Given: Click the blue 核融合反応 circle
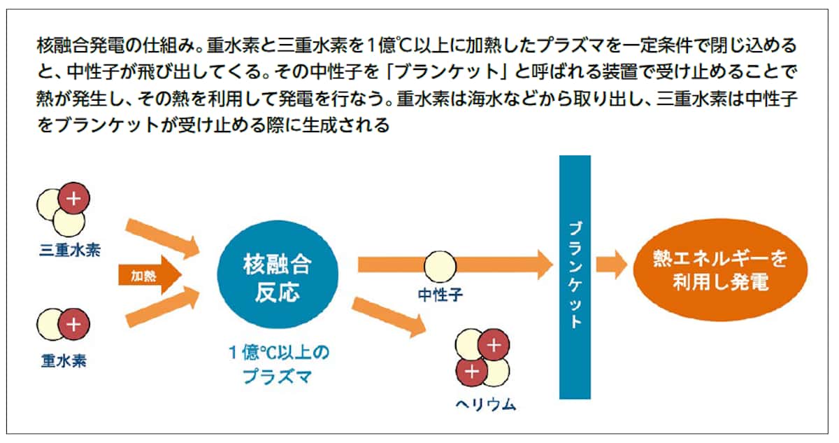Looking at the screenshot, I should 277,276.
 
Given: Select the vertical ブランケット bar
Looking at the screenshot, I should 575,277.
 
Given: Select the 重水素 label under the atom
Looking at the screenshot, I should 63,362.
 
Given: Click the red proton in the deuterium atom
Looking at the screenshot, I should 73,323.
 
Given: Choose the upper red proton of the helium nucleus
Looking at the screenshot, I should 494,345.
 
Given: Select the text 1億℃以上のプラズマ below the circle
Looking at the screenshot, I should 278,364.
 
